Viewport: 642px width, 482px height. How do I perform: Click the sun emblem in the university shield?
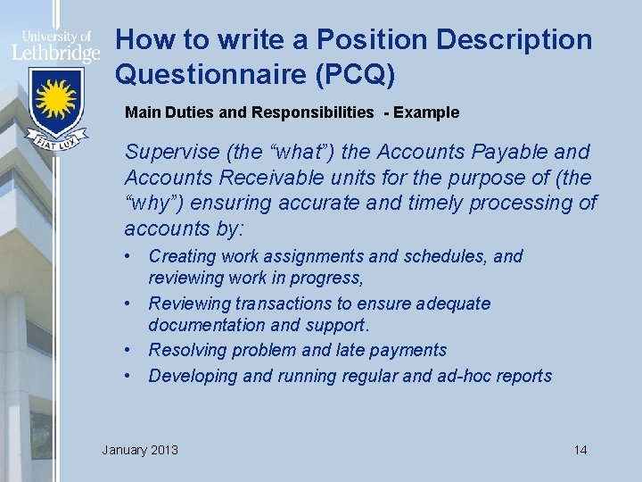(x=55, y=99)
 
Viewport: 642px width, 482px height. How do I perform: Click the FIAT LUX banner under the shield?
(x=55, y=141)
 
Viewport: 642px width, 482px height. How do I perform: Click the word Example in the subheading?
(x=426, y=112)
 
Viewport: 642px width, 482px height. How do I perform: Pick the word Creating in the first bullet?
(x=183, y=257)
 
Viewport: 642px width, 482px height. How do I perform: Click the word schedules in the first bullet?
(x=444, y=257)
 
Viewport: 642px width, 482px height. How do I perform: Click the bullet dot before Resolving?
(x=131, y=350)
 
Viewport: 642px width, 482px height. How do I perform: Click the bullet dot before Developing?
(x=131, y=376)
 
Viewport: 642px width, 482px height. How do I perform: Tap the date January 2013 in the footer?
(x=140, y=449)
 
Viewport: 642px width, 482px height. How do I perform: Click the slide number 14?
(x=580, y=449)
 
